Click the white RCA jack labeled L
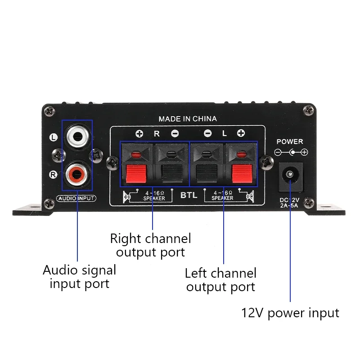pos(76,134)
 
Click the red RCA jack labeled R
pos(76,172)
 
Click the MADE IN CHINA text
pos(187,119)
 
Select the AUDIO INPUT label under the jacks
pos(77,198)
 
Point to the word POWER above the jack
pos(290,141)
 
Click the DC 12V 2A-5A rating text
pos(290,203)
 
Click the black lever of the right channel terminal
pos(171,174)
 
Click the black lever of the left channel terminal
pos(207,174)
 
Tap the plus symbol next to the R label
pos(139,133)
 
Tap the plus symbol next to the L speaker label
pos(241,133)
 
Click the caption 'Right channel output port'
pos(150,245)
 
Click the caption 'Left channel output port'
pos(220,280)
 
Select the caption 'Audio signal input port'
pos(79,277)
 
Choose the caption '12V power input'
pos(290,312)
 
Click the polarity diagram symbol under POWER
pos(291,153)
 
